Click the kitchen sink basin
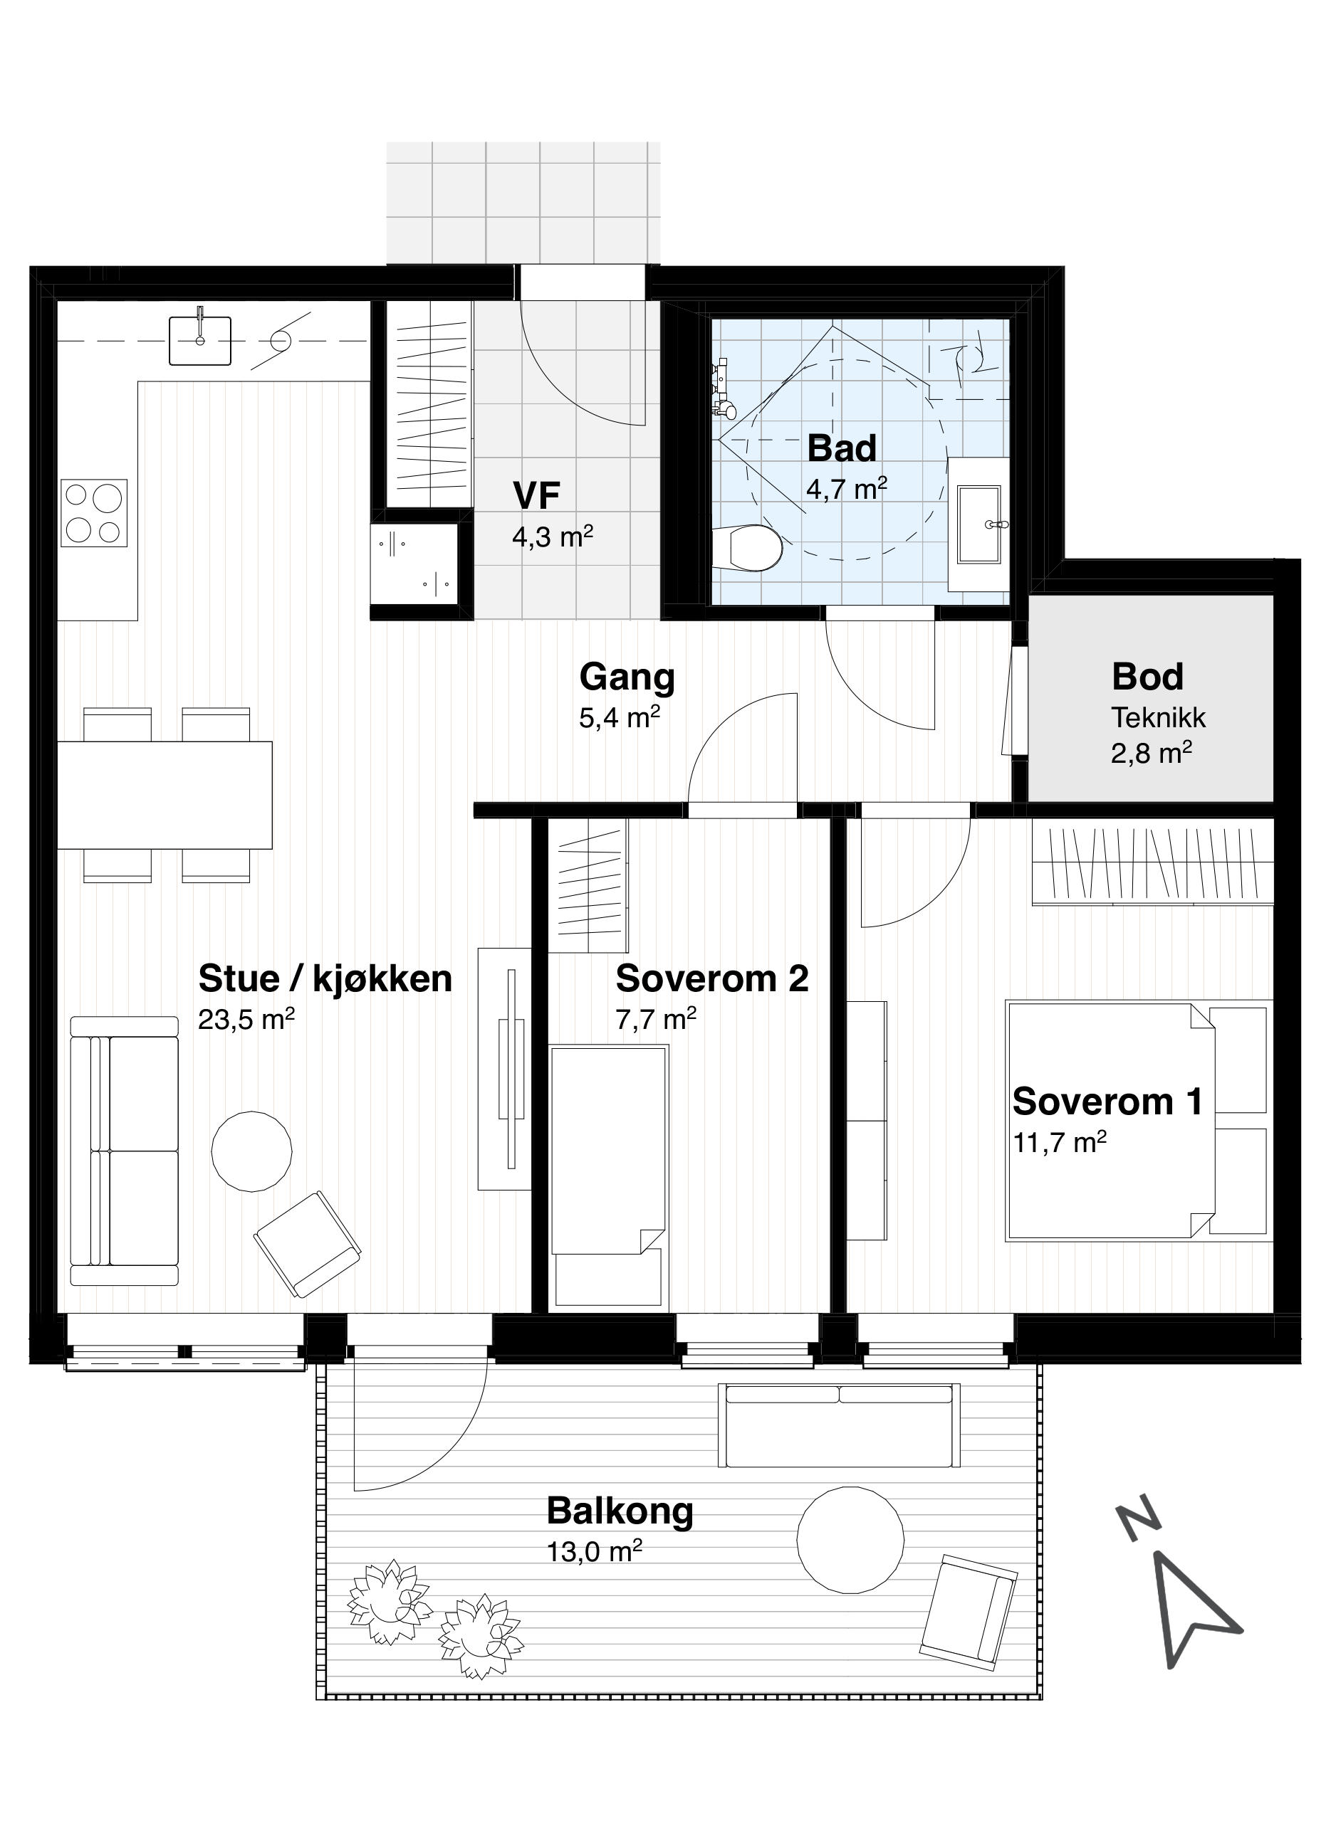[x=200, y=340]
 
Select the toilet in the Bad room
[x=746, y=548]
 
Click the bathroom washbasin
[x=979, y=524]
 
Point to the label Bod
[x=1147, y=676]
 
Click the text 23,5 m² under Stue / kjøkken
[x=246, y=1019]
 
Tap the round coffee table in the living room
[x=251, y=1151]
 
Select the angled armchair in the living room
[x=308, y=1244]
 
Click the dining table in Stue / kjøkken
[x=165, y=795]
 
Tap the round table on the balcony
[x=850, y=1539]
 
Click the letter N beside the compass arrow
[x=1137, y=1516]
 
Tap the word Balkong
[x=620, y=1511]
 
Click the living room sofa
[x=125, y=1151]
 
